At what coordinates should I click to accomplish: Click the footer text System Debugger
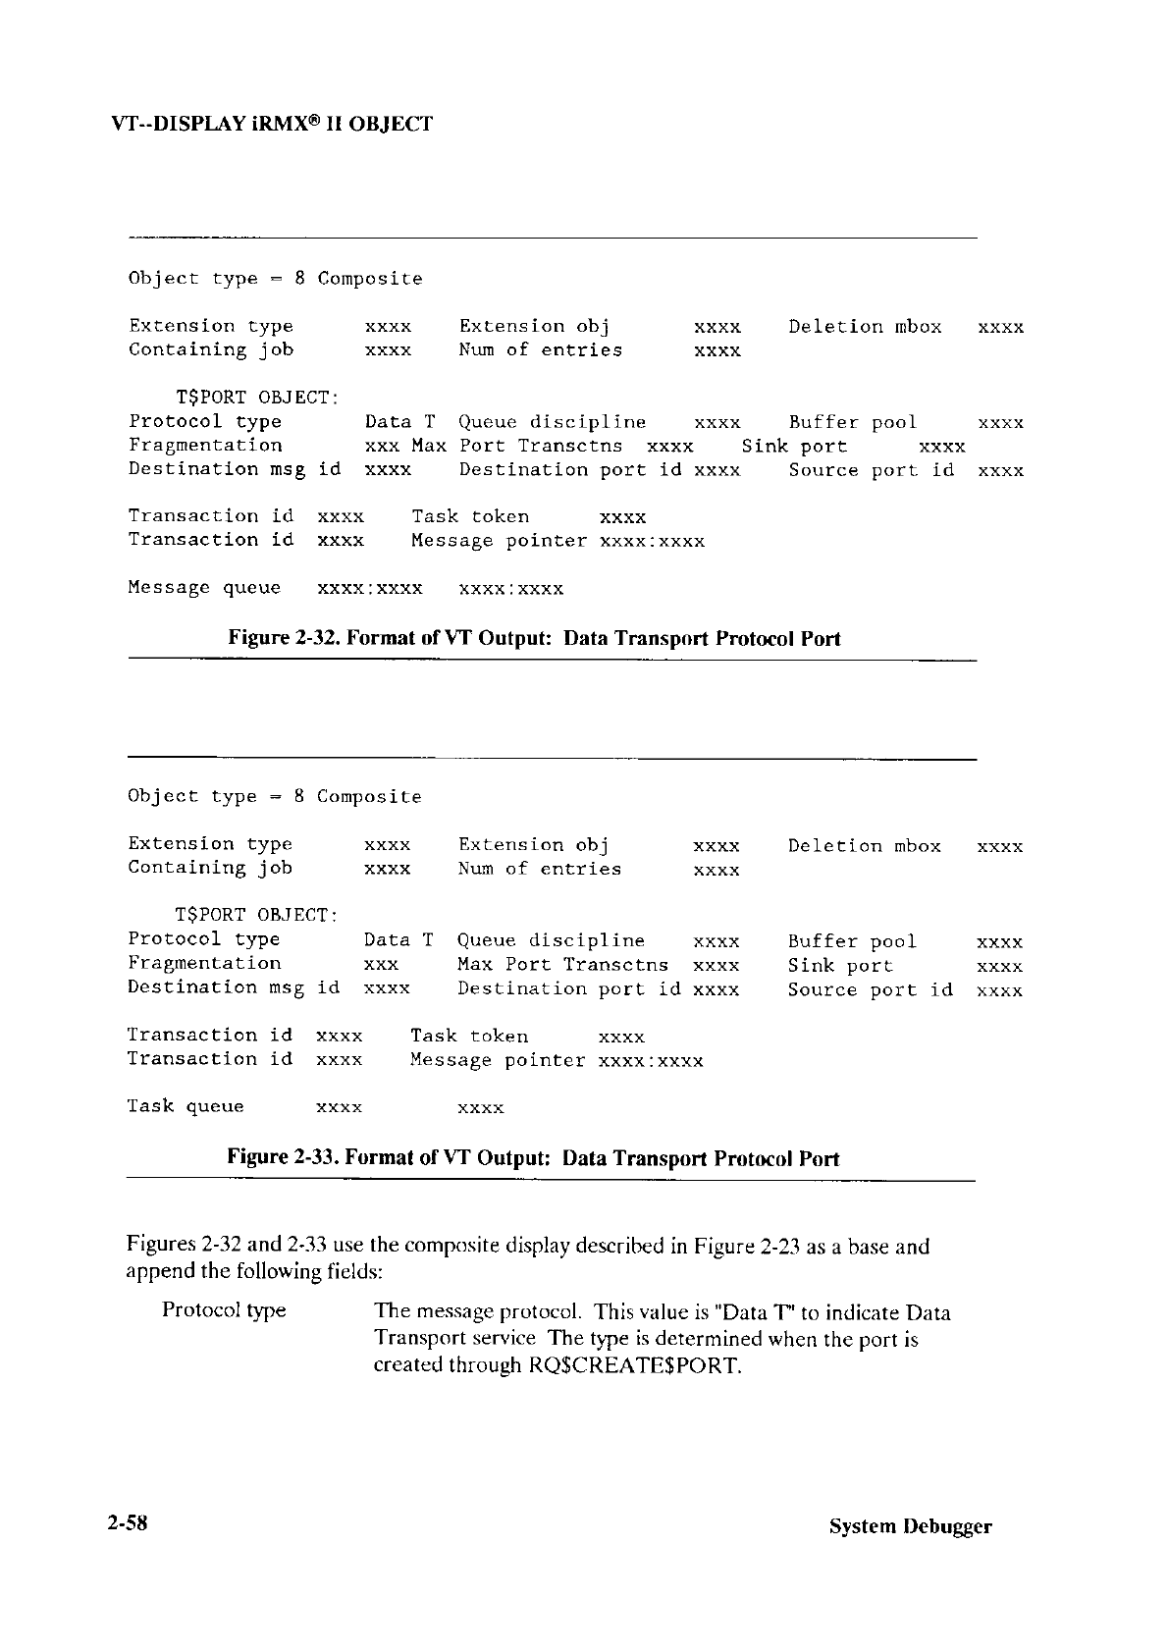pyautogui.click(x=910, y=1526)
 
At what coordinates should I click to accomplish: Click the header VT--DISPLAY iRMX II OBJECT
pyautogui.click(x=272, y=125)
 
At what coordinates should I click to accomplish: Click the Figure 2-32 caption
pyautogui.click(x=534, y=639)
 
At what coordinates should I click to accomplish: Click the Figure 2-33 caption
pyautogui.click(x=533, y=1158)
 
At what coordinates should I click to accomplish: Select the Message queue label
pyautogui.click(x=204, y=588)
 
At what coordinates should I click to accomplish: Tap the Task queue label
pyautogui.click(x=186, y=1106)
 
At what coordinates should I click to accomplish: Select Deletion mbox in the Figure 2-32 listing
pyautogui.click(x=865, y=327)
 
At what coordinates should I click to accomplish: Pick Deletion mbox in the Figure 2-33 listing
pyautogui.click(x=864, y=845)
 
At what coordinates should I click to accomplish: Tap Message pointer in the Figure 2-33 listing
pyautogui.click(x=498, y=1060)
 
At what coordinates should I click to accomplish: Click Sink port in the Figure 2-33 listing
pyautogui.click(x=840, y=966)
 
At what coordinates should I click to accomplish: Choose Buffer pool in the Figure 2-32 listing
pyautogui.click(x=852, y=422)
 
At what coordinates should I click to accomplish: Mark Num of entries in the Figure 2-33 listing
pyautogui.click(x=540, y=869)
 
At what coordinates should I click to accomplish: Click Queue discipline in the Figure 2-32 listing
pyautogui.click(x=553, y=422)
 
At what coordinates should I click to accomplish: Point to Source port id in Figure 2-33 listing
pyautogui.click(x=870, y=989)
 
